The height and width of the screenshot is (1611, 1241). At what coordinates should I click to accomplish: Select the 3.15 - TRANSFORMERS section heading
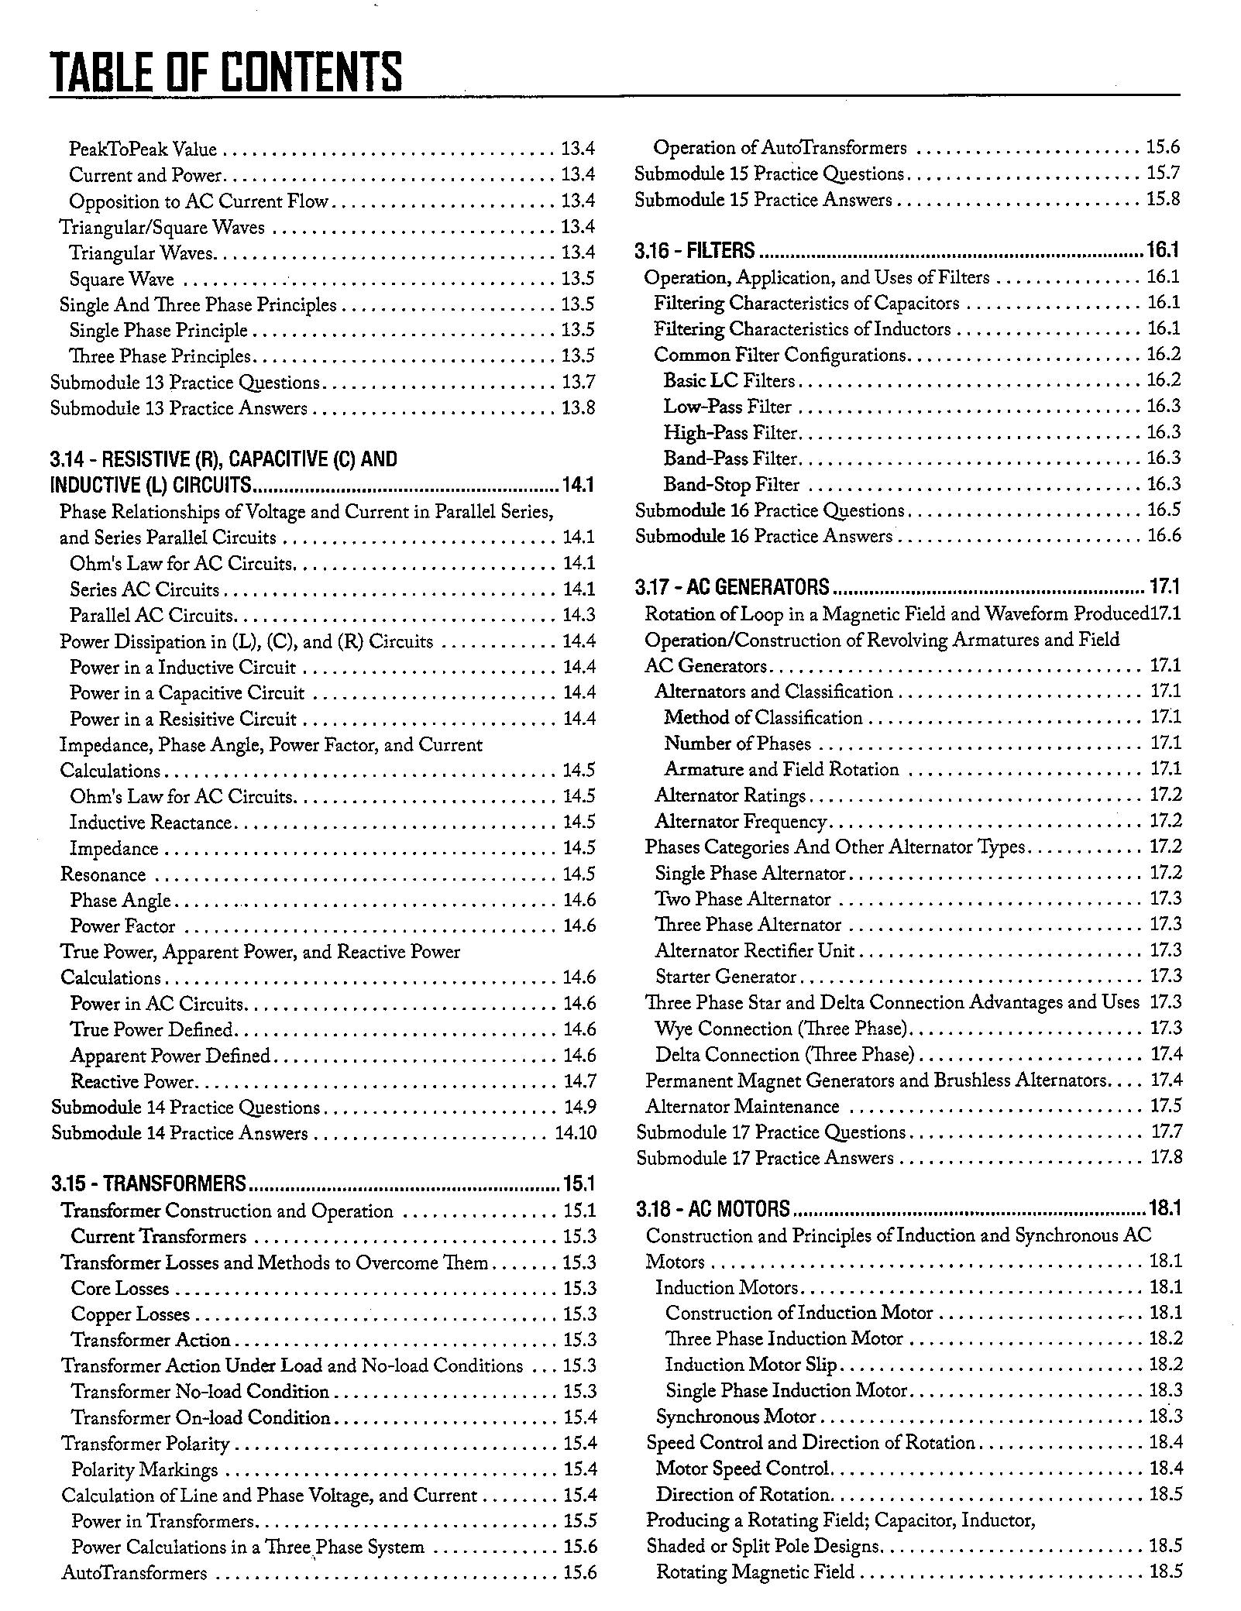coord(149,1183)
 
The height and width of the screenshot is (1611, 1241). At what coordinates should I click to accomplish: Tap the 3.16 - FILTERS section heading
coord(694,251)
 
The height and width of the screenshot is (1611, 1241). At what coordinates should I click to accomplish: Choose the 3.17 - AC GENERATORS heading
coord(732,587)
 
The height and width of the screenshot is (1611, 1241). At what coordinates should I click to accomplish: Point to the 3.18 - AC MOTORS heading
coord(713,1209)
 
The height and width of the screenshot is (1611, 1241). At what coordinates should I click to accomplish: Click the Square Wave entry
coord(122,279)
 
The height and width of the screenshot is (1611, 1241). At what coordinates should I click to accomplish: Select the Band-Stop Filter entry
coord(731,485)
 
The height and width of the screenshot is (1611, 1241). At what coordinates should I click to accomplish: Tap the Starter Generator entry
coord(726,977)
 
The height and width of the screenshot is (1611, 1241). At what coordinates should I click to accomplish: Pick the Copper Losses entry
coord(130,1314)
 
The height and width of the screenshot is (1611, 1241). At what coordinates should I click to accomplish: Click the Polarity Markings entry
coord(144,1470)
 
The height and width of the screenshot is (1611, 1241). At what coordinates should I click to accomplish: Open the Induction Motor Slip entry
coord(751,1365)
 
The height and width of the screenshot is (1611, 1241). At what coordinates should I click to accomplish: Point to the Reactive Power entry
coord(132,1081)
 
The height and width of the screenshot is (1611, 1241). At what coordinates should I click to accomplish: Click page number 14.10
coord(576,1133)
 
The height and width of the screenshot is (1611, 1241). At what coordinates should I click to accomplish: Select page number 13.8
coord(578,408)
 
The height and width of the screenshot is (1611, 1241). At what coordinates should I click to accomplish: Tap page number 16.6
coord(1164,536)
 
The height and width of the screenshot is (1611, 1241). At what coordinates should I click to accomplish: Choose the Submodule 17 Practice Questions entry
coord(771,1132)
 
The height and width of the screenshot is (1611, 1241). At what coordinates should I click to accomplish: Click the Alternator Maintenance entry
coord(742,1107)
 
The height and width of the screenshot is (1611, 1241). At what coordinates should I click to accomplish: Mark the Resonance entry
coord(103,874)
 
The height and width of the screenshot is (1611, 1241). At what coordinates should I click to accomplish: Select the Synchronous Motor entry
coord(736,1417)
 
